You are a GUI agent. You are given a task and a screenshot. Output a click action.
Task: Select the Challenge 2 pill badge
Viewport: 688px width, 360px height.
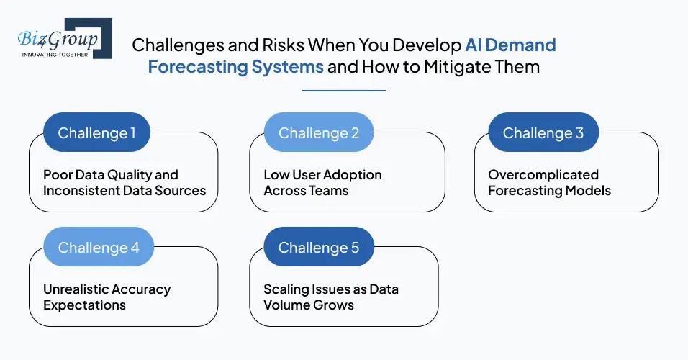(319, 133)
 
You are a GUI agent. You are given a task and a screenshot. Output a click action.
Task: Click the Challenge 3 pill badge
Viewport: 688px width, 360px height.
(543, 133)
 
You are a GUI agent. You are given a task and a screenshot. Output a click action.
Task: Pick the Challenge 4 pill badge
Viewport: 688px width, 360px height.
(98, 248)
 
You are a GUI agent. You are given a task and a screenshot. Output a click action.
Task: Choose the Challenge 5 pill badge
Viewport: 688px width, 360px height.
(319, 248)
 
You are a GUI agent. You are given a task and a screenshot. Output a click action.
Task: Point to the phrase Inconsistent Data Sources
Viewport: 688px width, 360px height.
(125, 191)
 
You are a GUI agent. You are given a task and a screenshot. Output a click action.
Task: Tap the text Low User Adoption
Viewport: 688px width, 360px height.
(322, 175)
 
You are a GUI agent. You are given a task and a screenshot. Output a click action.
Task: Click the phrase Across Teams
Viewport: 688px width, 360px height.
(306, 191)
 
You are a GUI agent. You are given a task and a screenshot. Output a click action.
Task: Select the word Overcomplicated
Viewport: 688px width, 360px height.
(533, 175)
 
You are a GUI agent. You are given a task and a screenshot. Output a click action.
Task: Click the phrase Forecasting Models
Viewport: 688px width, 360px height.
(549, 191)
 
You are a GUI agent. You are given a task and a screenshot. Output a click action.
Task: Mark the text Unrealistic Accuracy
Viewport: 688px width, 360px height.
(107, 289)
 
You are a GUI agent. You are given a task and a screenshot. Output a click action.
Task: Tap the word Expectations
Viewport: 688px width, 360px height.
(84, 305)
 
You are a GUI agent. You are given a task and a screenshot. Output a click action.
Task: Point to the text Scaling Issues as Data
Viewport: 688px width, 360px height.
(331, 289)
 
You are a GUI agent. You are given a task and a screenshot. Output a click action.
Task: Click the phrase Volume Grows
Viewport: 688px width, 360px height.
(309, 305)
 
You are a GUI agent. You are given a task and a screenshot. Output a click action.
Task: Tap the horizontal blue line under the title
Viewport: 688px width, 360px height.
(344, 91)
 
